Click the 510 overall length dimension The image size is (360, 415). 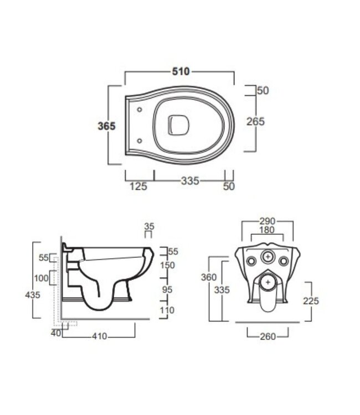click(181, 71)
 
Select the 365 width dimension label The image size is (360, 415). click(106, 126)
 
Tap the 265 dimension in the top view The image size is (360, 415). click(255, 122)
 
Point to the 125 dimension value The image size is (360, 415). click(138, 186)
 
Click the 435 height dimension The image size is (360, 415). click(33, 295)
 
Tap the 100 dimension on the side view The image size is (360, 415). click(41, 277)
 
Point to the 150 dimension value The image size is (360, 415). click(167, 265)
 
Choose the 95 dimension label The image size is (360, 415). click(167, 290)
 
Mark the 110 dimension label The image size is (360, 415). click(167, 311)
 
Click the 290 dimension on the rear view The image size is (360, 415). click(268, 221)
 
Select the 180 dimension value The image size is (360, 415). click(268, 230)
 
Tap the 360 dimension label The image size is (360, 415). click(209, 277)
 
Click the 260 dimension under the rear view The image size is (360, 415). click(268, 336)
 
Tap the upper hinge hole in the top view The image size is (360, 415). click(138, 109)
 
